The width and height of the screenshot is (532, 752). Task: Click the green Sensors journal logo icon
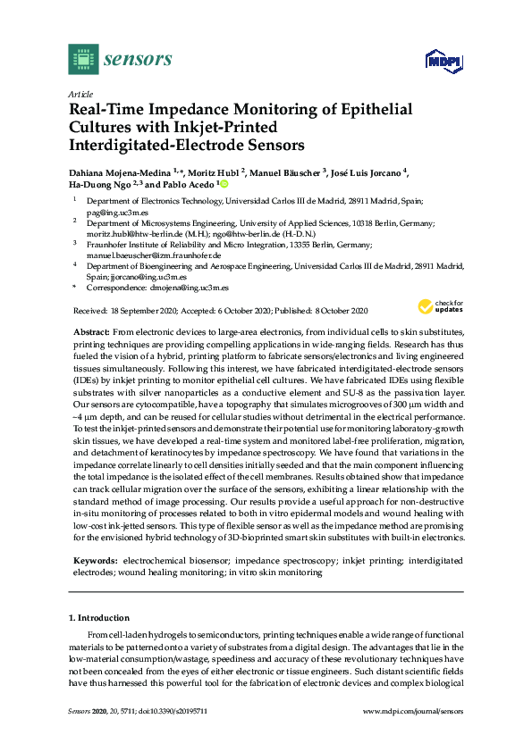coord(82,60)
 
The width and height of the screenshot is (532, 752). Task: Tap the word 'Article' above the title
coord(80,93)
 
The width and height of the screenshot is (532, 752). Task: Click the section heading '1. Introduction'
coord(99,617)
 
